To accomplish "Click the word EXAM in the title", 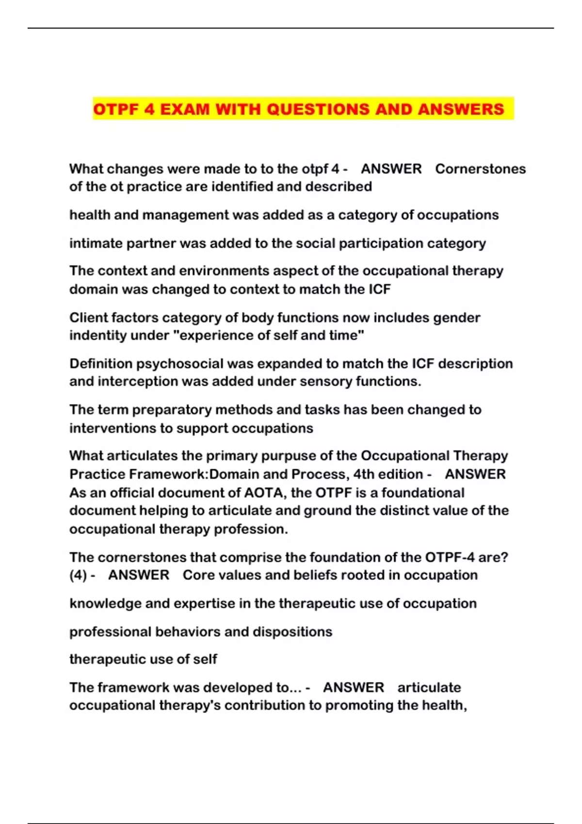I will coord(185,109).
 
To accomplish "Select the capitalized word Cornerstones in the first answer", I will coord(480,169).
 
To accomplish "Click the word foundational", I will coord(423,492).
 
